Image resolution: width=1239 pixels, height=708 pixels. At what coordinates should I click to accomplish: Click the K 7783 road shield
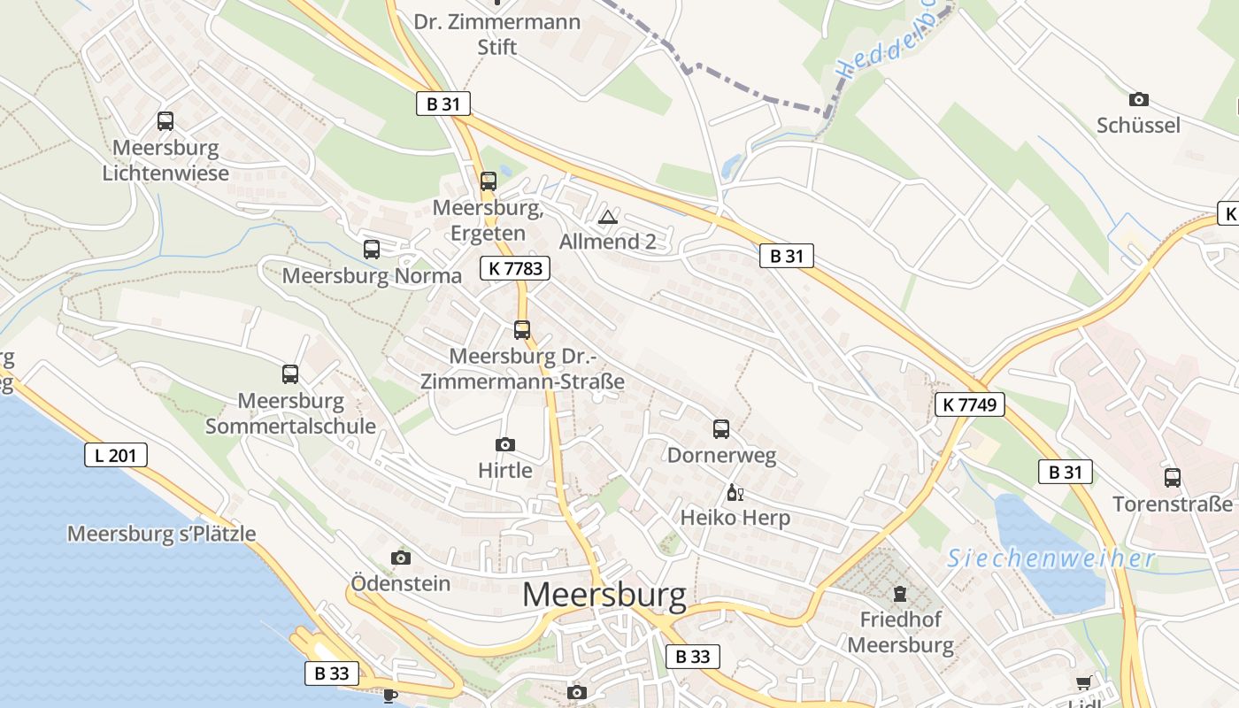pyautogui.click(x=515, y=268)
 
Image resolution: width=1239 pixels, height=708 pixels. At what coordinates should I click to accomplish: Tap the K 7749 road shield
pyautogui.click(x=969, y=405)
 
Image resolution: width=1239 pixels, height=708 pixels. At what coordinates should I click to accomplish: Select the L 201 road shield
pyautogui.click(x=116, y=456)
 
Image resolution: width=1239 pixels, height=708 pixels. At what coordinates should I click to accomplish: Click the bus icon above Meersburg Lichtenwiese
pyautogui.click(x=165, y=121)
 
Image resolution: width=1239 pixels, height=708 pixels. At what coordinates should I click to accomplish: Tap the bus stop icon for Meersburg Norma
pyautogui.click(x=372, y=250)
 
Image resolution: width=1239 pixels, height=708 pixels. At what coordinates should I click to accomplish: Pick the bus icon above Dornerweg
pyautogui.click(x=721, y=429)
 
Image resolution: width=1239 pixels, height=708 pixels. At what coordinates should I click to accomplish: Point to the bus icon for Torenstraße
pyautogui.click(x=1173, y=478)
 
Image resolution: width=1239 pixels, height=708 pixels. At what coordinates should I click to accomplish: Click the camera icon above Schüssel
pyautogui.click(x=1139, y=99)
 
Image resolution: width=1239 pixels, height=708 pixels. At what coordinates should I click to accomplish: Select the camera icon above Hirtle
pyautogui.click(x=505, y=444)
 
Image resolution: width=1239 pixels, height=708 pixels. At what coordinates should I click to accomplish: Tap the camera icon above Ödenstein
pyautogui.click(x=401, y=558)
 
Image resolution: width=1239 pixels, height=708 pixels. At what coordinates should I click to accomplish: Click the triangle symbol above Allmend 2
pyautogui.click(x=608, y=217)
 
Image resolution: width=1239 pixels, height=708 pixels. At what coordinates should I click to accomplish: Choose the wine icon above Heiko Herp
pyautogui.click(x=735, y=492)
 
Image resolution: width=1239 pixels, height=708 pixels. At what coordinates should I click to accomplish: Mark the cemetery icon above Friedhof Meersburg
pyautogui.click(x=900, y=593)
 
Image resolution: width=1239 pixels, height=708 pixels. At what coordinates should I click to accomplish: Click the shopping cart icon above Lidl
pyautogui.click(x=1084, y=683)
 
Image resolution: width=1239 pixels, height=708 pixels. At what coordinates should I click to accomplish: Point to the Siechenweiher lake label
pyautogui.click(x=1050, y=558)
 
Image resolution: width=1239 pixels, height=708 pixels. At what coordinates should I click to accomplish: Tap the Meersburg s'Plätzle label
pyautogui.click(x=162, y=534)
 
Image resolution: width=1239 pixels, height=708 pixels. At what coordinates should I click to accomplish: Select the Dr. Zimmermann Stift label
pyautogui.click(x=497, y=34)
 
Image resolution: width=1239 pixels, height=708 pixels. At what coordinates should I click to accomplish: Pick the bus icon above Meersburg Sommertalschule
pyautogui.click(x=290, y=374)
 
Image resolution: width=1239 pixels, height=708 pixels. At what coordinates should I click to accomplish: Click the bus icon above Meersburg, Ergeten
pyautogui.click(x=488, y=181)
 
